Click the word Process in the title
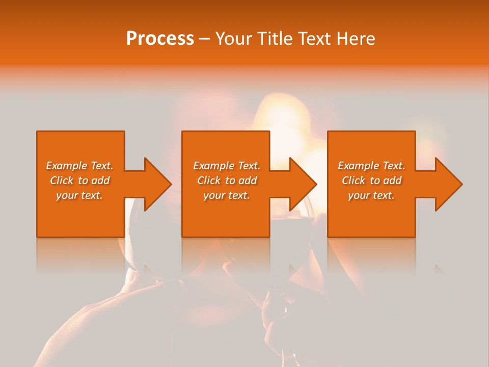(160, 39)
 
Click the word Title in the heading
(274, 39)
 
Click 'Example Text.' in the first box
(79, 166)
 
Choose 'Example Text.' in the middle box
(227, 166)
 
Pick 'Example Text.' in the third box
(371, 166)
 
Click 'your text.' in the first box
(79, 195)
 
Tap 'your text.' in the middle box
(227, 195)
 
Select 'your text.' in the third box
(371, 195)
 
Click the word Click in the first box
(62, 180)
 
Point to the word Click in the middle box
(209, 180)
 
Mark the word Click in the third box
(354, 180)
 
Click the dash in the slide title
(205, 39)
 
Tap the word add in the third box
(392, 180)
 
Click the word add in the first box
(100, 180)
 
